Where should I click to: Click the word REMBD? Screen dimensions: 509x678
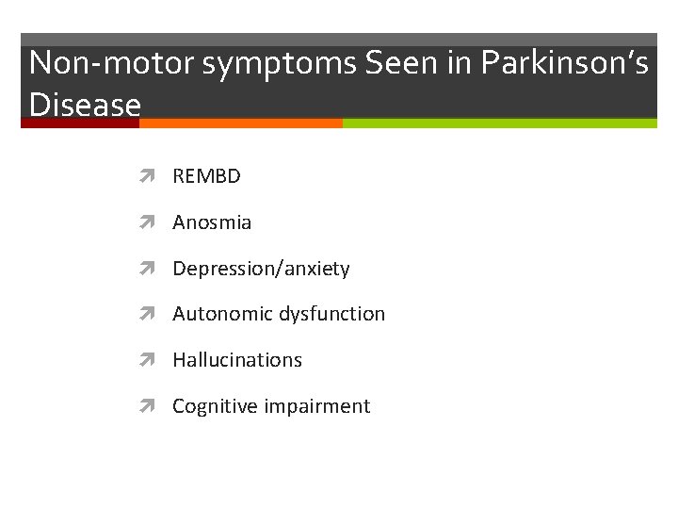pyautogui.click(x=206, y=176)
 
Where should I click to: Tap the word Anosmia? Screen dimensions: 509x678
pyautogui.click(x=212, y=222)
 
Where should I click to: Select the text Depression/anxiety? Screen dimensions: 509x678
pyautogui.click(x=261, y=269)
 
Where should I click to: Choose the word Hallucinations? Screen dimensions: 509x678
pyautogui.click(x=237, y=360)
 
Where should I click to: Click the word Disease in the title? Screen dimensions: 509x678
pyautogui.click(x=85, y=103)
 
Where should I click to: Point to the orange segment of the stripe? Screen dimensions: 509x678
pyautogui.click(x=242, y=123)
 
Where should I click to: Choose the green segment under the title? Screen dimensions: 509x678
pyautogui.click(x=499, y=123)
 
